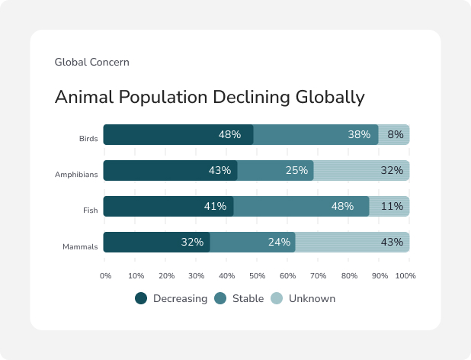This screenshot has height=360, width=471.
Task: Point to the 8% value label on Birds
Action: (396, 135)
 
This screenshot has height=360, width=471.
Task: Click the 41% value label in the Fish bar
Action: (215, 207)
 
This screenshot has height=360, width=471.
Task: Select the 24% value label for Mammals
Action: (279, 243)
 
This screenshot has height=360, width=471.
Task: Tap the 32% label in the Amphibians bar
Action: (392, 171)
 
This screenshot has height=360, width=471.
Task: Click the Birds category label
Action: (88, 139)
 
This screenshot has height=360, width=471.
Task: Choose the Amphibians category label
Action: (76, 175)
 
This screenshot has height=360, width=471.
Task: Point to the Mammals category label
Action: (80, 246)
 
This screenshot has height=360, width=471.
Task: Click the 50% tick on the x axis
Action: (258, 275)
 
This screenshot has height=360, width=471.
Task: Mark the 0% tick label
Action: (106, 275)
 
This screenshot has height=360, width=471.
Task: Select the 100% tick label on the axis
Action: (405, 275)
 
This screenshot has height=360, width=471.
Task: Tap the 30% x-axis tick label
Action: (197, 275)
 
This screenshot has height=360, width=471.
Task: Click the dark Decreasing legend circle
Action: (141, 299)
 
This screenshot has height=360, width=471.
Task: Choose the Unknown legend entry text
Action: (312, 299)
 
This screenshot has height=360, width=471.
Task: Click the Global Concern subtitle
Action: (91, 62)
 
